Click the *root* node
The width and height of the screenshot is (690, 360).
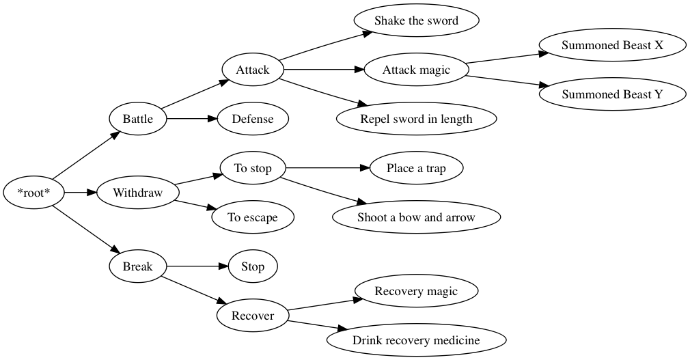point(33,193)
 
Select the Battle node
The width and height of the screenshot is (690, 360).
point(137,119)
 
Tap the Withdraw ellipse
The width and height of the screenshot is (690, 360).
point(137,193)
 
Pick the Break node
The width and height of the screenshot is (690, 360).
point(137,266)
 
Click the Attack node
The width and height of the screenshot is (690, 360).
point(253,70)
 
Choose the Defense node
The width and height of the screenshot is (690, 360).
point(253,119)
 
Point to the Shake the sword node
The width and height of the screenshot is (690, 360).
point(416,20)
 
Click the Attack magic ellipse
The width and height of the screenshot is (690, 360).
point(416,70)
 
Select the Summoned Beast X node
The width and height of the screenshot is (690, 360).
point(612,45)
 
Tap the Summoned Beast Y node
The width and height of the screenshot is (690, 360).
point(612,94)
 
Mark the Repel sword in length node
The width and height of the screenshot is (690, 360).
point(416,119)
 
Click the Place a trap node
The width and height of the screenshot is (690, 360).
point(416,168)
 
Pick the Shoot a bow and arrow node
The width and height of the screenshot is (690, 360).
point(416,217)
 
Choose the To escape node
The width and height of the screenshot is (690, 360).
point(253,217)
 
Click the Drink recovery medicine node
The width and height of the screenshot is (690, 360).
point(416,340)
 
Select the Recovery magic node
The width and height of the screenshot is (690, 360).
point(416,291)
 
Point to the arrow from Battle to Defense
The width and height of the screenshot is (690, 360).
point(191,119)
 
